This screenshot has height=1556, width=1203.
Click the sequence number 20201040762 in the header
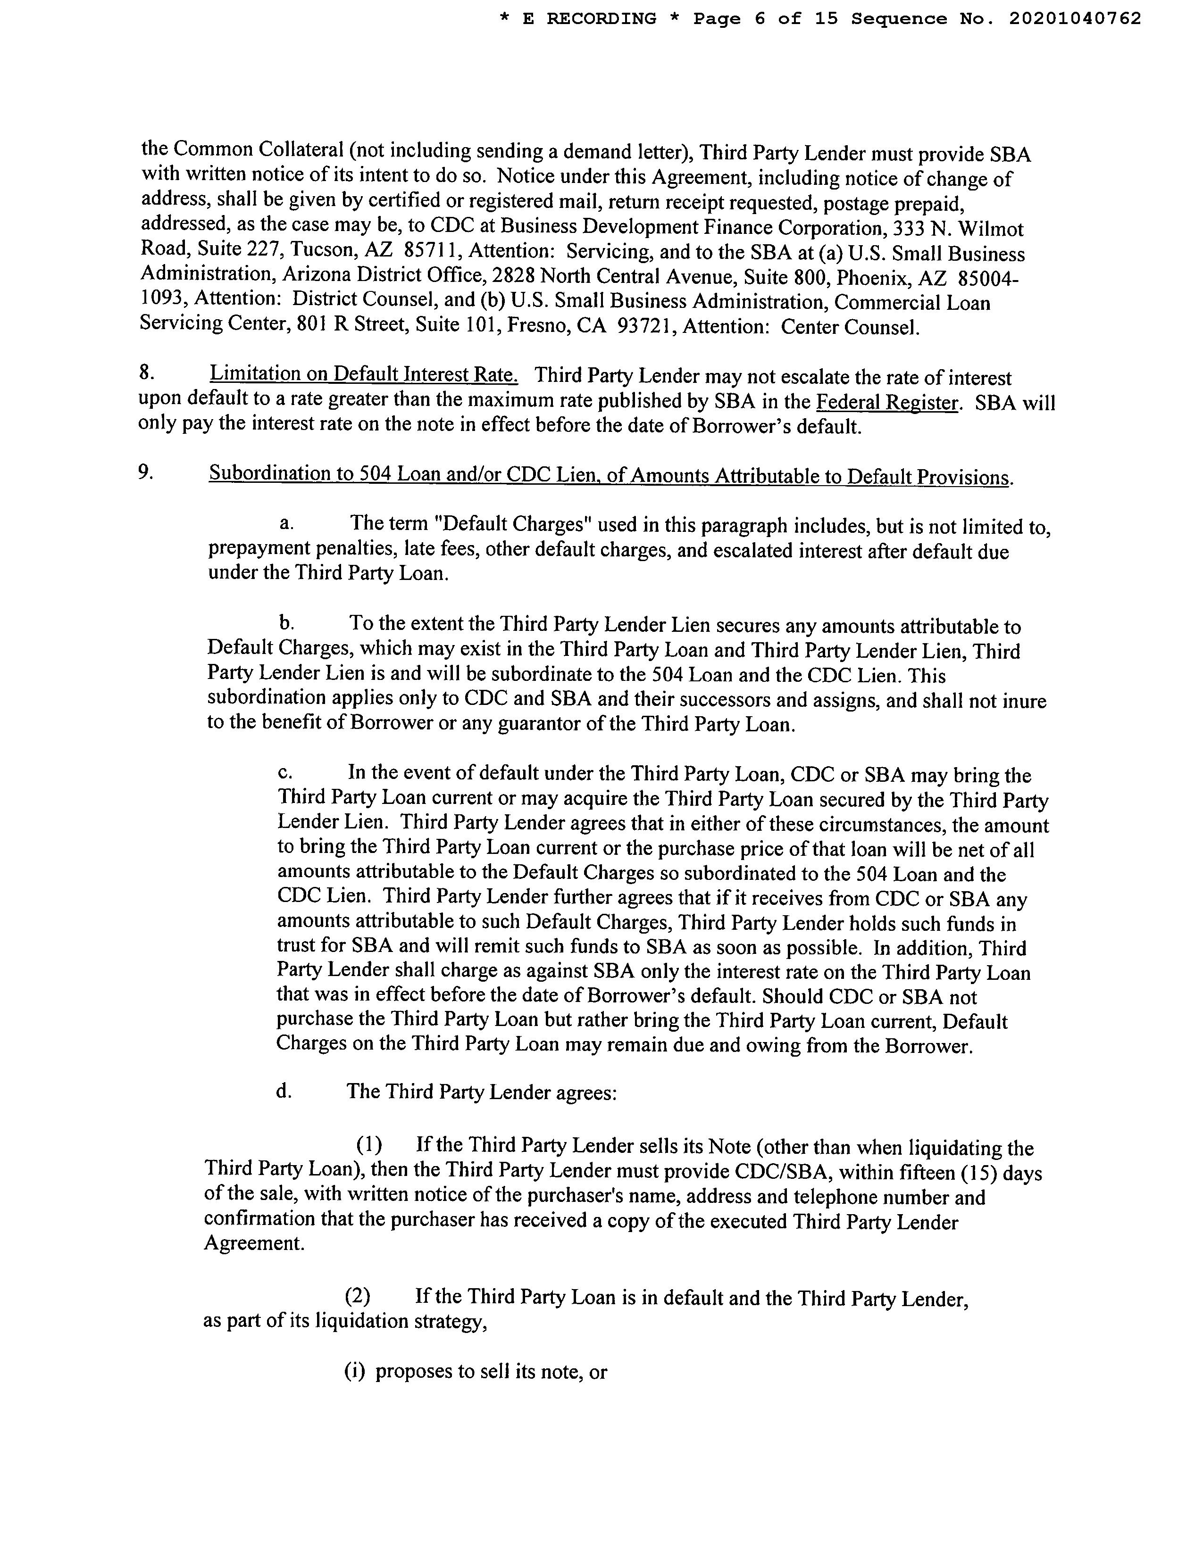[x=1075, y=19]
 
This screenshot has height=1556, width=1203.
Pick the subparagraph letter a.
[x=286, y=524]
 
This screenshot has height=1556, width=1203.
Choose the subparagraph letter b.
[x=286, y=623]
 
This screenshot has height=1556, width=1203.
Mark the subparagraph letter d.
[x=284, y=1092]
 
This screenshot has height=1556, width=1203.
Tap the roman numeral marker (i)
[x=354, y=1372]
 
